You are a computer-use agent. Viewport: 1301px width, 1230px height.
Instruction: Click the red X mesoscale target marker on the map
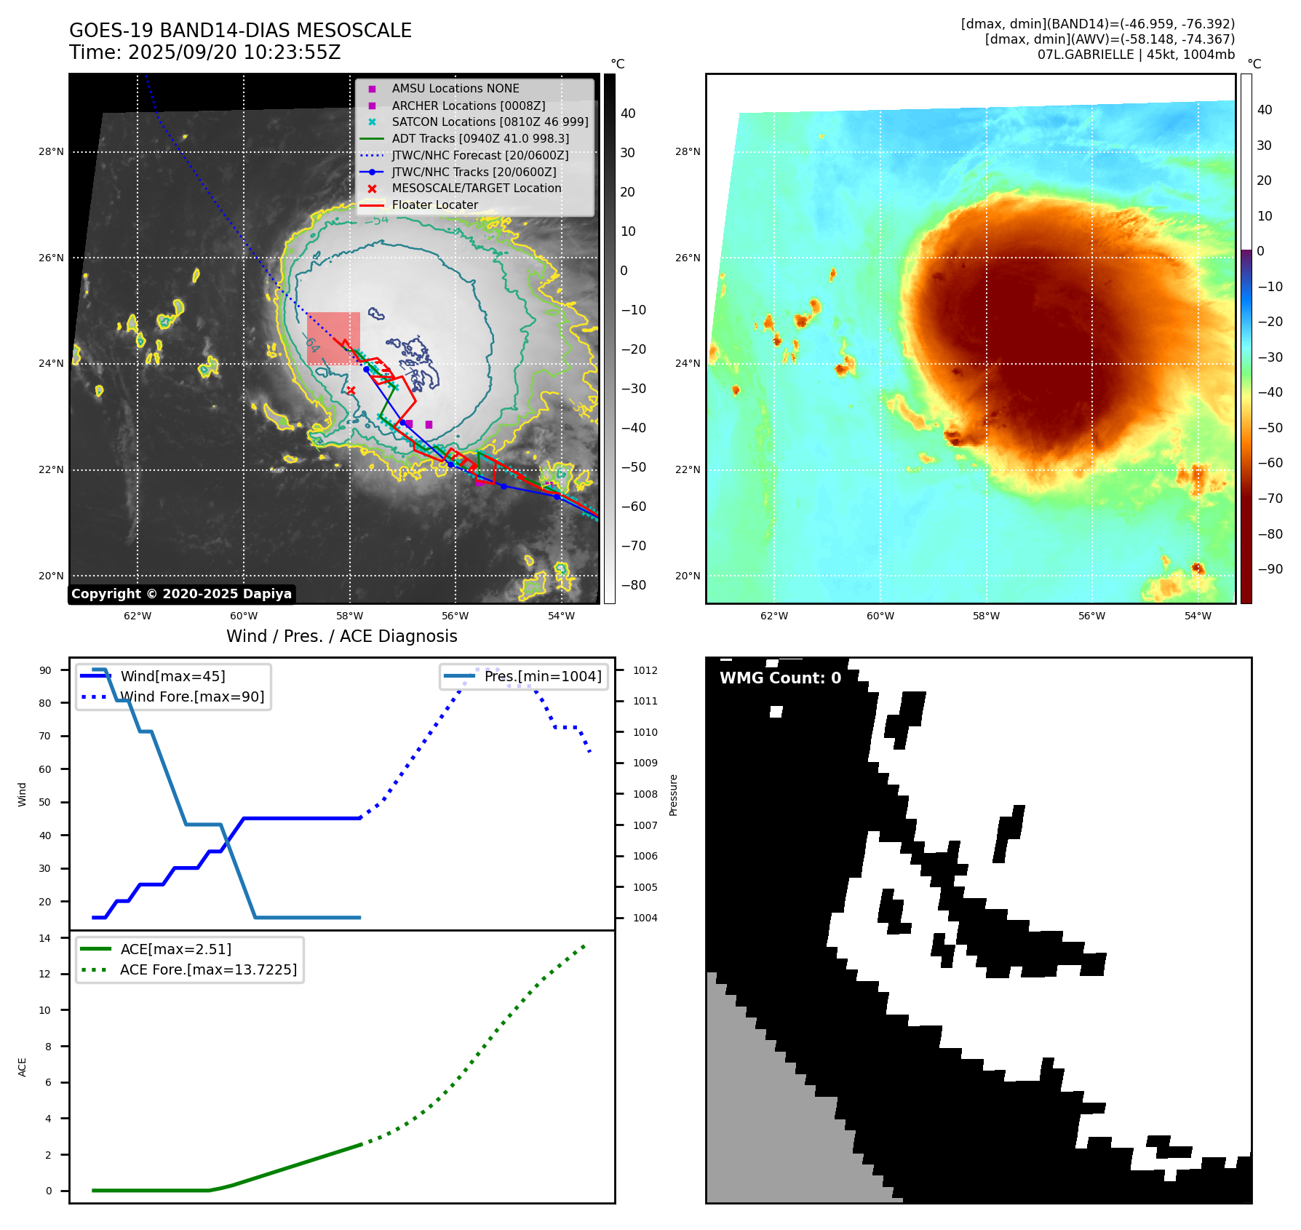point(351,391)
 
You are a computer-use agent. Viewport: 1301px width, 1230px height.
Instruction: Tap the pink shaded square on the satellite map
point(333,338)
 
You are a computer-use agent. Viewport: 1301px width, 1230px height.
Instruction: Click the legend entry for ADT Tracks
point(480,138)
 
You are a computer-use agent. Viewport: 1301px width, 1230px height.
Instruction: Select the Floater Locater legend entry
point(434,205)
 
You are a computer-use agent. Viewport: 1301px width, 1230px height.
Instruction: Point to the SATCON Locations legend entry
point(490,122)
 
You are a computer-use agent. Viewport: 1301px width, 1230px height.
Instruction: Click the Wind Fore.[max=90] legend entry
point(192,697)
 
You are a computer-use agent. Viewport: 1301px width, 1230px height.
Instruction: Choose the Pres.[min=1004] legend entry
point(543,676)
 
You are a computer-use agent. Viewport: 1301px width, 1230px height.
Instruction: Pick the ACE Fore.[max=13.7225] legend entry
point(208,969)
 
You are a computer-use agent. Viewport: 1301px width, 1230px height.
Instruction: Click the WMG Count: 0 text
point(780,678)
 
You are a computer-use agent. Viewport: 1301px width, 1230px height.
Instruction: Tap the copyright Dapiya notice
point(181,594)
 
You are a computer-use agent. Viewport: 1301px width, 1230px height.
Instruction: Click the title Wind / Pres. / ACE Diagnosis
point(342,636)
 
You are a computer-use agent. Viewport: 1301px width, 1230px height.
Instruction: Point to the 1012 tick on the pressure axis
point(645,670)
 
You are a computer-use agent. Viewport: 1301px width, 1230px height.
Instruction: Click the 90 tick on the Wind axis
point(46,670)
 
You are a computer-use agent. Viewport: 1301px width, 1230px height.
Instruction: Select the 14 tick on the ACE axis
point(46,938)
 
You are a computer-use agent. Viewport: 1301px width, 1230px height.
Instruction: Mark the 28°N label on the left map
point(51,152)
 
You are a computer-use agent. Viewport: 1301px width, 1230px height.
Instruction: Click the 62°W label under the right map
point(774,616)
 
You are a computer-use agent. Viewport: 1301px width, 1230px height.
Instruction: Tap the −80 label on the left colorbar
point(633,585)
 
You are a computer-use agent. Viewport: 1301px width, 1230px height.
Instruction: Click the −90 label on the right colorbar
point(1270,569)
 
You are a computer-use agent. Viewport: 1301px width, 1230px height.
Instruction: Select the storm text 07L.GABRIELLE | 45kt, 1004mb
point(1136,55)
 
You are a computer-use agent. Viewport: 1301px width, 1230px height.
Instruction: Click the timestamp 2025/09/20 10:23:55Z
point(234,52)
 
